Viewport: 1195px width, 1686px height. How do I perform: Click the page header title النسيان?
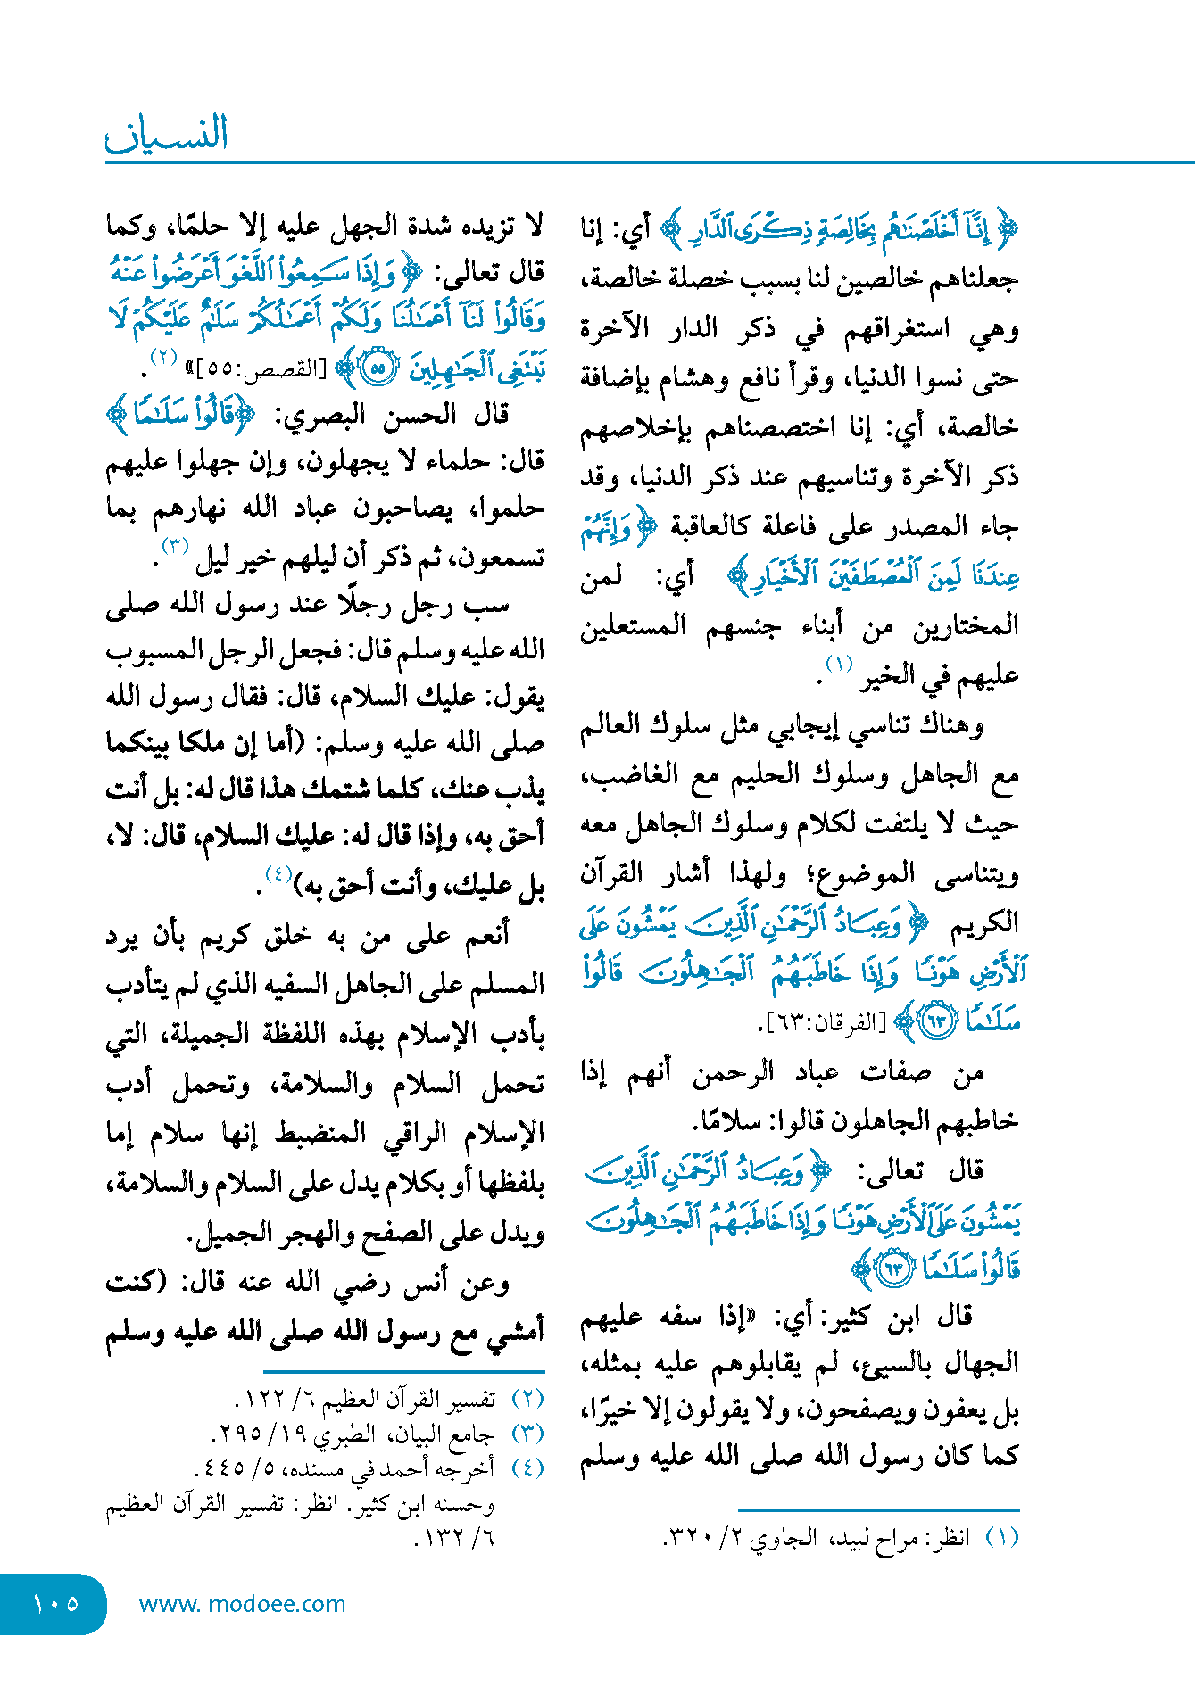(x=167, y=134)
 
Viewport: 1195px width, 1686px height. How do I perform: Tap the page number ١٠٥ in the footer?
(x=55, y=1604)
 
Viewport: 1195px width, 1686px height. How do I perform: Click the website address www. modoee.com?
(x=242, y=1604)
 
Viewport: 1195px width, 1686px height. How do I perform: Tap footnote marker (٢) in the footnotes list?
(x=528, y=1399)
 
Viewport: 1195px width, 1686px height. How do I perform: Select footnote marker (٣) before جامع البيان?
(x=528, y=1434)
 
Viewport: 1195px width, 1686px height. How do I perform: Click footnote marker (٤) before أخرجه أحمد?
(x=528, y=1467)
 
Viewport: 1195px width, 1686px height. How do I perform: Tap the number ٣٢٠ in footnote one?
(x=688, y=1538)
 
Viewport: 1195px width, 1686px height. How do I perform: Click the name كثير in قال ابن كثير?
(x=838, y=1317)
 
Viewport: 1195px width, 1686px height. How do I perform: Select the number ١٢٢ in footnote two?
(x=260, y=1399)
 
